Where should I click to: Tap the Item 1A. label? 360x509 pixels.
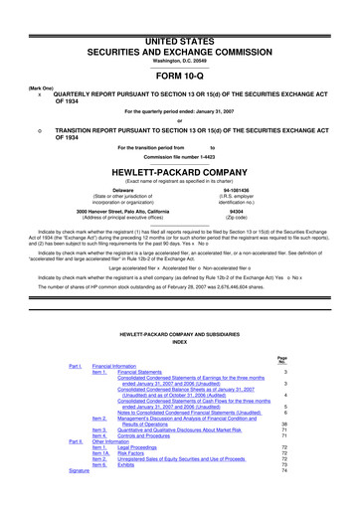(x=100, y=453)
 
